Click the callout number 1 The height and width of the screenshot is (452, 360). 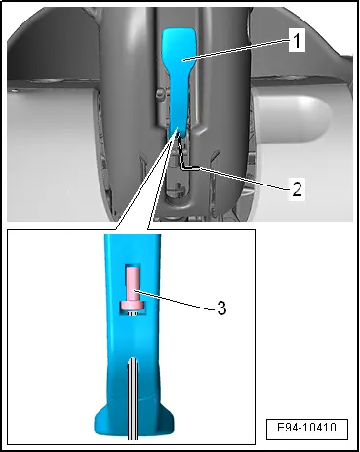(297, 40)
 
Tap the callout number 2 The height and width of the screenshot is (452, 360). (297, 188)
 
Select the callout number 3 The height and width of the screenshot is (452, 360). (221, 308)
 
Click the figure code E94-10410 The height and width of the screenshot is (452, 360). (307, 427)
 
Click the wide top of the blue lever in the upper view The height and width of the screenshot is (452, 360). (180, 46)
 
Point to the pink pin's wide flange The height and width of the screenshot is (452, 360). (134, 306)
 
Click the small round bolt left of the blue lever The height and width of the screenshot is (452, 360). (159, 94)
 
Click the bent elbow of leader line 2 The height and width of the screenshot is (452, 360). (182, 167)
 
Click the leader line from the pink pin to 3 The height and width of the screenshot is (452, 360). (175, 300)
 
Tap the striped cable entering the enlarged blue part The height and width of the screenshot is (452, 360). (133, 399)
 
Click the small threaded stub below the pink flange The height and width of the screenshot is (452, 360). (133, 312)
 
